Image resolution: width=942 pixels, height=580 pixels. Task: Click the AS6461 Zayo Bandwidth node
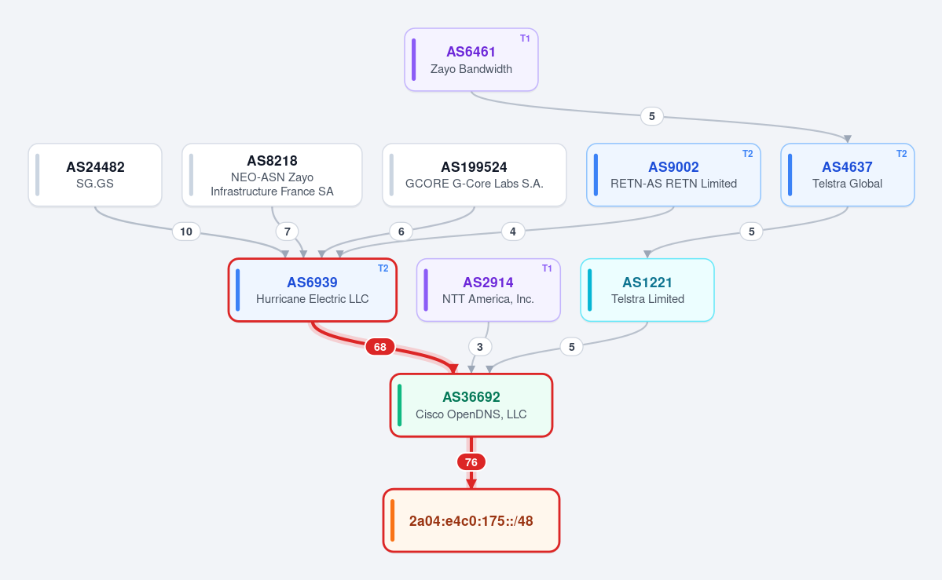pos(471,60)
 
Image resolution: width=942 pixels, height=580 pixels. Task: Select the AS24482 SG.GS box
pos(95,175)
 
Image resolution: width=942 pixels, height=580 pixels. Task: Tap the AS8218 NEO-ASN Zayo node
pos(272,175)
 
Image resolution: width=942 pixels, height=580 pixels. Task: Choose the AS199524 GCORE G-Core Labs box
pos(474,175)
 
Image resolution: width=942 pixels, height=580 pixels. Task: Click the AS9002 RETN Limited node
pos(673,175)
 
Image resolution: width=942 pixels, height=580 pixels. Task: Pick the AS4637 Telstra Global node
pos(847,175)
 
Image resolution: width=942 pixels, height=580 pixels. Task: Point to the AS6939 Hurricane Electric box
pos(313,290)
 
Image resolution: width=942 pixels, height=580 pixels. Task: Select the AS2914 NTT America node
pos(489,290)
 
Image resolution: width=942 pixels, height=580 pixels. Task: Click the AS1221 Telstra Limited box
pos(647,290)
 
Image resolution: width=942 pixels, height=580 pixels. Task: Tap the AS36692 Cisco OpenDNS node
pos(471,405)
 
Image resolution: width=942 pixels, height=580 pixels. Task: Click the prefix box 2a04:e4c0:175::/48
pos(471,520)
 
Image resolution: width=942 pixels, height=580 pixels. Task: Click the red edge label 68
pos(380,347)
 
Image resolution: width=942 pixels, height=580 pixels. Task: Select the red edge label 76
pos(471,462)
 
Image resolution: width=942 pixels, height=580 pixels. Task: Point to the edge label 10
pos(186,232)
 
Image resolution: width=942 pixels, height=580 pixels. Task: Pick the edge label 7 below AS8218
pos(288,232)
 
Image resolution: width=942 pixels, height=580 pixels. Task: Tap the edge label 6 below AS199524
pos(401,232)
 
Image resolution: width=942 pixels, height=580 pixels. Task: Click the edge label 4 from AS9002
pos(512,232)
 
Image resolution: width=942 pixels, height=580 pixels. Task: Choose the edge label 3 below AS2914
pos(479,347)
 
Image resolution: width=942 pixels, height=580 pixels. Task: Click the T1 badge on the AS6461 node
pos(525,38)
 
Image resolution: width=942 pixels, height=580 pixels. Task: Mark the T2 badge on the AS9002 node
pos(747,154)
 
